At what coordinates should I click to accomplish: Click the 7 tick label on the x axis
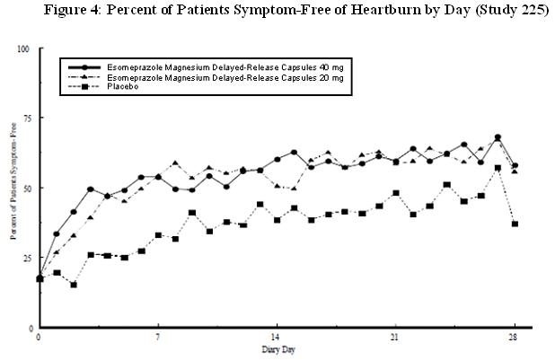(158, 338)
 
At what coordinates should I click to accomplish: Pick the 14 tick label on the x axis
(277, 338)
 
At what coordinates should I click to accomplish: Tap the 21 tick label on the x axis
(395, 338)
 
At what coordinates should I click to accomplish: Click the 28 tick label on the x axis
(515, 338)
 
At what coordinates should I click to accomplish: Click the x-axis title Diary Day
(277, 348)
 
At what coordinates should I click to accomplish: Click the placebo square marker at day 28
(515, 224)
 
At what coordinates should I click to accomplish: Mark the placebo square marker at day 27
(498, 168)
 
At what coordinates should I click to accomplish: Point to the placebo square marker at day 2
(74, 285)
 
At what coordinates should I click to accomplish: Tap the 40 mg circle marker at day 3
(91, 189)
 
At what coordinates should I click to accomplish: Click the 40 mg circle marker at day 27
(498, 137)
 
